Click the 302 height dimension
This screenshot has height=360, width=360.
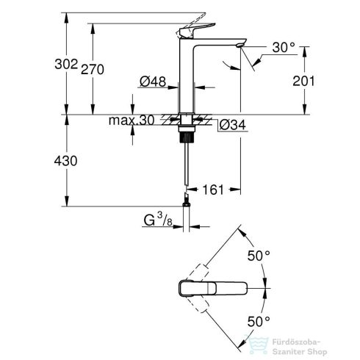pos(66,65)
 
